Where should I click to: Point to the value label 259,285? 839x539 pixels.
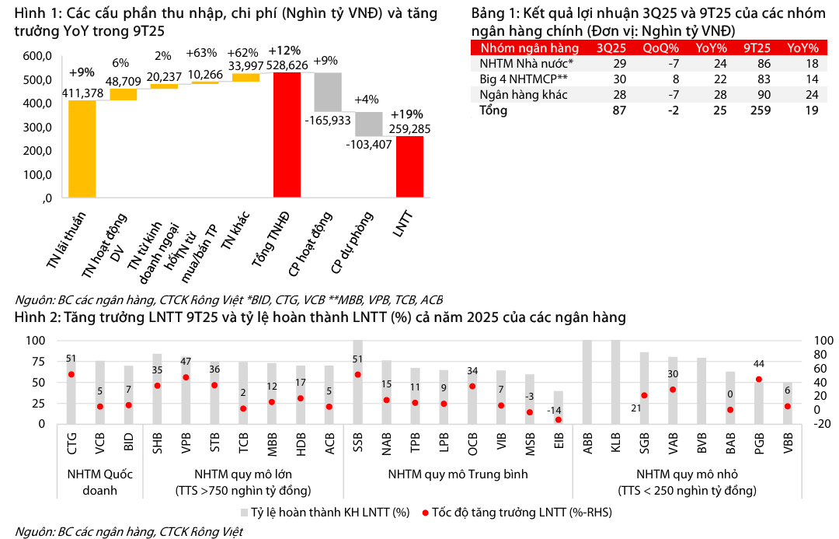tap(409, 129)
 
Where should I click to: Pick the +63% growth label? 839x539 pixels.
tap(201, 54)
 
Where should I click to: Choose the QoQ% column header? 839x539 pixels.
tap(660, 47)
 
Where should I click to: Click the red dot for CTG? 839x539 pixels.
tap(71, 374)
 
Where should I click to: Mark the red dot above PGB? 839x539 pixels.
tap(758, 380)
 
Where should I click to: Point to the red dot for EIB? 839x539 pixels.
tap(557, 420)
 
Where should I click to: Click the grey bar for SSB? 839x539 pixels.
tap(358, 382)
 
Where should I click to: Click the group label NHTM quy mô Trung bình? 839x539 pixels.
tap(458, 474)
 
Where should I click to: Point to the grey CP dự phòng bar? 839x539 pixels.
tap(369, 124)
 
